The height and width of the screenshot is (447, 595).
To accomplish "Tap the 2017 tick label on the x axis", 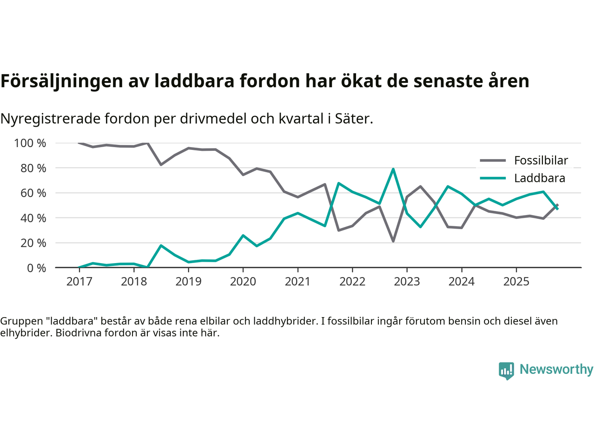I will pos(79,282).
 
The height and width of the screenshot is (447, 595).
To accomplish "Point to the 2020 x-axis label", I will pos(243,282).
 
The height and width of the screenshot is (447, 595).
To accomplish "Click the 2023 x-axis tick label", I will pos(407,282).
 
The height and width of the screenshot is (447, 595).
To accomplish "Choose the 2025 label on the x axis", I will pos(516,282).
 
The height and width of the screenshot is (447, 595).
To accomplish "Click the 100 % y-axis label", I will pos(30,143).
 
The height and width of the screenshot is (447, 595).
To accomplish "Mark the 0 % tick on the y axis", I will pos(36,268).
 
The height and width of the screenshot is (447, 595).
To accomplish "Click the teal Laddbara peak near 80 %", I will pos(393,169).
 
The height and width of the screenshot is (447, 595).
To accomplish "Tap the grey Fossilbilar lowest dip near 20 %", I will pos(393,241).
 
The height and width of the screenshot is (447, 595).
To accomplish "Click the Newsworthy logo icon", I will pos(506,371).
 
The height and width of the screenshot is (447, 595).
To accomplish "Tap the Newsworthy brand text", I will pos(556,369).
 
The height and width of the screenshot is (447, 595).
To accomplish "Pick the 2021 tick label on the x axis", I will pos(297,282).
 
